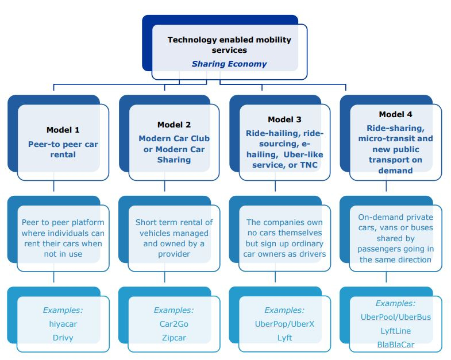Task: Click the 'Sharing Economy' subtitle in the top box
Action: pos(229,64)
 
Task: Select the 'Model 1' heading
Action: pos(63,130)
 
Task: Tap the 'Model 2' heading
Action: pos(174,125)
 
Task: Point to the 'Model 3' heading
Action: pos(284,119)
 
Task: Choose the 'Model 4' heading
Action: pos(395,114)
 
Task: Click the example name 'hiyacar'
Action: pos(63,324)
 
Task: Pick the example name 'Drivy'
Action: pos(63,338)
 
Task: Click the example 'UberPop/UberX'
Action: pos(284,324)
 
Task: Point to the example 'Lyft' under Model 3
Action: pos(284,338)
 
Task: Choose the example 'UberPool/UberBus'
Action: pos(395,317)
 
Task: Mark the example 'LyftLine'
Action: pos(395,331)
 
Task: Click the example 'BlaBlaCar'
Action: pos(395,344)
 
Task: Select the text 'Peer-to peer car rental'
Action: pos(63,149)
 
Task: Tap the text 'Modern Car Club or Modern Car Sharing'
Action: pos(174,149)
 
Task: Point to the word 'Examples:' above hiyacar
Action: pos(63,310)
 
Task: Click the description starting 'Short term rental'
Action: pos(174,238)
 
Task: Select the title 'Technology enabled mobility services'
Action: pos(229,45)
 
